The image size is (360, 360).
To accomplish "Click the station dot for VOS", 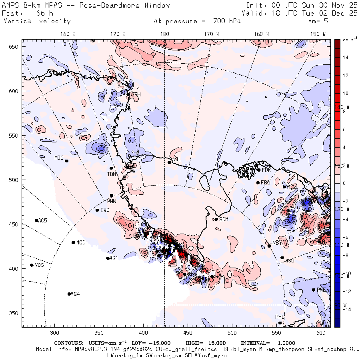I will (32, 265).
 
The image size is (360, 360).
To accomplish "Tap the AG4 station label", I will (75, 294).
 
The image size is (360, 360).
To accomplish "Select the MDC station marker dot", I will (66, 161).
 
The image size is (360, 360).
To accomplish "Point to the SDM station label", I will (224, 219).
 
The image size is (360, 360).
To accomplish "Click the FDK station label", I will (267, 170).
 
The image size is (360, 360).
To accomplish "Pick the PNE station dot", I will (313, 290).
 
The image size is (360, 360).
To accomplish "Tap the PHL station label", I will (279, 317).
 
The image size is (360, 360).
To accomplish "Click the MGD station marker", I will (73, 242).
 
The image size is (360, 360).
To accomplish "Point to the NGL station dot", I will (169, 162).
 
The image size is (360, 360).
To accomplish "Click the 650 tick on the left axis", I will (14, 47).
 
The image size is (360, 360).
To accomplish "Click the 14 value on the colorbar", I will (345, 58).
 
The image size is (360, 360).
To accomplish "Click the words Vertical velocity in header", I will (37, 21).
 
